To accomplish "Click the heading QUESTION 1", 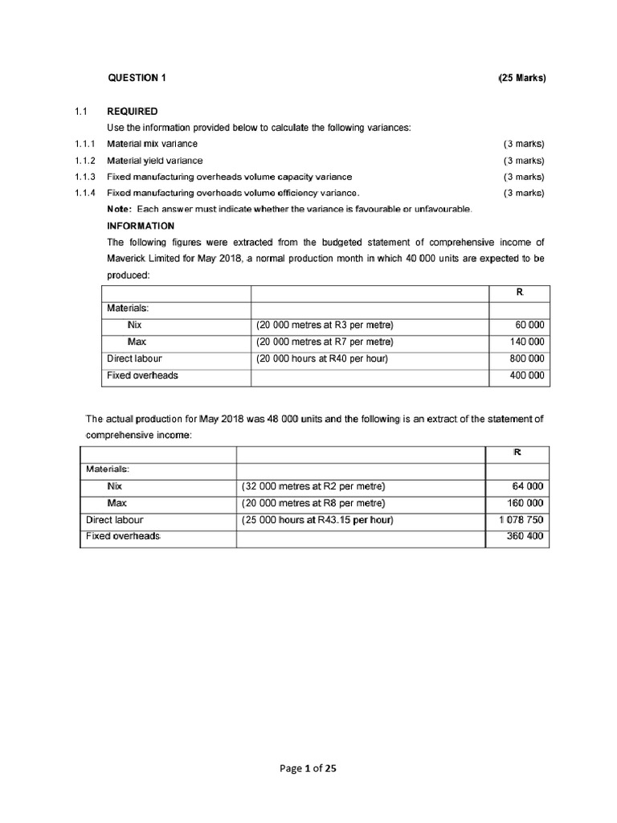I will click(137, 78).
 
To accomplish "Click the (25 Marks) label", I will click(521, 78).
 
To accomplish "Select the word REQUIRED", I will click(133, 111).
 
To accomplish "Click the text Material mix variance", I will click(152, 144).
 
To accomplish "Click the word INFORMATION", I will click(141, 226).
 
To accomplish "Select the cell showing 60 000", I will click(528, 325).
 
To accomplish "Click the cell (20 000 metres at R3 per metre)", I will click(325, 325).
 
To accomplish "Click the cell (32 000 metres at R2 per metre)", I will click(313, 486).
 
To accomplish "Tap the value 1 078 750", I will click(521, 519).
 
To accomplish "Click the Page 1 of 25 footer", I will click(308, 768).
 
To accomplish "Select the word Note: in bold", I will click(120, 209).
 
